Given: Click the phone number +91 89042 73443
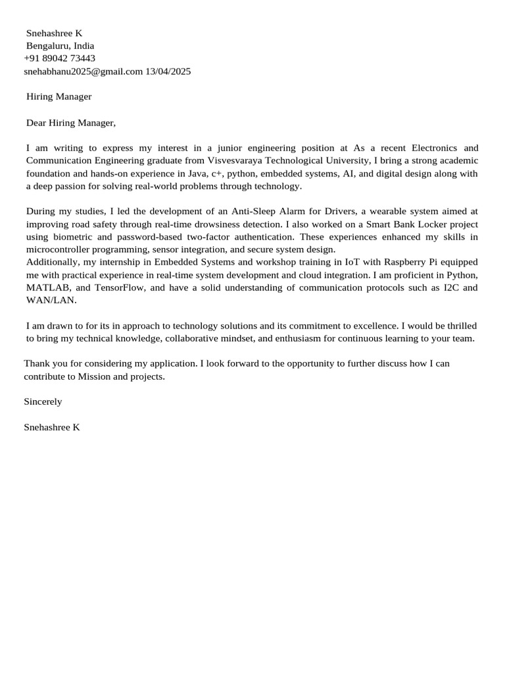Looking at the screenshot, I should [59, 59].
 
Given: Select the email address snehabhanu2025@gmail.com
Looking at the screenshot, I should [84, 71].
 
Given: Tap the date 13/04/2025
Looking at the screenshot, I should [168, 71].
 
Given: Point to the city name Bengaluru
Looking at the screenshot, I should [47, 46].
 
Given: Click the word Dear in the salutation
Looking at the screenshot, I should [36, 122].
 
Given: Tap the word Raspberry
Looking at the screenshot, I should [406, 261].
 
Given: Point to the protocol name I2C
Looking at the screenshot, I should [450, 288].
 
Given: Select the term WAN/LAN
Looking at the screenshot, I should [51, 300].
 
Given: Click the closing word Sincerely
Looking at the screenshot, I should [43, 402].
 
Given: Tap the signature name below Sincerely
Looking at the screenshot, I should [51, 427].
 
